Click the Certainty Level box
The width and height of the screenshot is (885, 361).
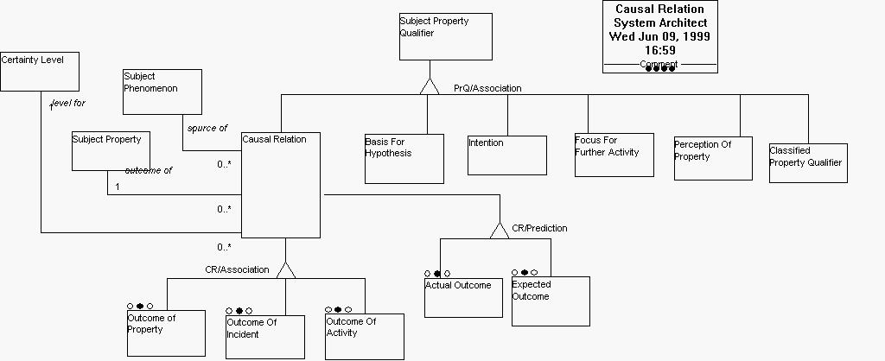coord(40,71)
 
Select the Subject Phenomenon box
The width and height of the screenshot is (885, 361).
coord(162,92)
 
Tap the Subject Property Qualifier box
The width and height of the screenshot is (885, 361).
coord(445,36)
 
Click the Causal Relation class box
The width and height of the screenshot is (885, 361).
coord(280,185)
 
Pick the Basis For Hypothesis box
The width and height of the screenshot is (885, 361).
coord(404,158)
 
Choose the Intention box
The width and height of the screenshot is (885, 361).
coord(506,155)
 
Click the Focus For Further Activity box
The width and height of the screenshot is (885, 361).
coord(614,155)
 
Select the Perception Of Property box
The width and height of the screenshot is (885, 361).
coord(713,158)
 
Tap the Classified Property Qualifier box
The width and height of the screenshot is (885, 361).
coord(808,162)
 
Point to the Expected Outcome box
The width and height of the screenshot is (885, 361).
coord(550,301)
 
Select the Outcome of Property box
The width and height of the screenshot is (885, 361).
coord(166,332)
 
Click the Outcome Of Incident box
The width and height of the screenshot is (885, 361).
coord(264,337)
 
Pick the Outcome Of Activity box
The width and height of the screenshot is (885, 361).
coord(364,336)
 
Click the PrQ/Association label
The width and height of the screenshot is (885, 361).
coord(487,88)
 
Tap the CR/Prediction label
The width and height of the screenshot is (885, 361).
coord(539,229)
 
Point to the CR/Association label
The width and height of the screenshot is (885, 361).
coord(237,269)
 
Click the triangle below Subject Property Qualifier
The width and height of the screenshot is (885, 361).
coord(430,85)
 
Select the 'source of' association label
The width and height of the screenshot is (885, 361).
coord(207,128)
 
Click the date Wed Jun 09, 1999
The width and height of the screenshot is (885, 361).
coord(660,36)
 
